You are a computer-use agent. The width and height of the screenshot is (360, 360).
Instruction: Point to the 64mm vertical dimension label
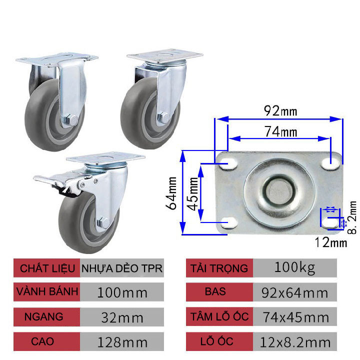(173, 192)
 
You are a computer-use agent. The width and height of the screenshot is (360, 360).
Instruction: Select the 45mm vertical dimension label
(192, 192)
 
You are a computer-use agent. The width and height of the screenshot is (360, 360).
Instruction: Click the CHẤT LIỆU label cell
(47, 268)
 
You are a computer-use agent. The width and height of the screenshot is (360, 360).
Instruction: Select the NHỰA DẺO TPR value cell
(122, 268)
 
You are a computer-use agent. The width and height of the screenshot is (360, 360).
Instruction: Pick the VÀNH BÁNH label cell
(46, 292)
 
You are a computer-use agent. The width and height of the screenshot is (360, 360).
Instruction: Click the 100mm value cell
(122, 292)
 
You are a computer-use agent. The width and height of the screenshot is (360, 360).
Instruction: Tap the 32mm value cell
(122, 317)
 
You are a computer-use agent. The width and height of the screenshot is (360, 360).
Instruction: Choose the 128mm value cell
(122, 342)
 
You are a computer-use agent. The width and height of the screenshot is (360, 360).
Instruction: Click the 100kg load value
(294, 268)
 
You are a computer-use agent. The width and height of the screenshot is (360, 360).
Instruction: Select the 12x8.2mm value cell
(294, 342)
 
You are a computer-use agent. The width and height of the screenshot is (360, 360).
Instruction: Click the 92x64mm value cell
(294, 292)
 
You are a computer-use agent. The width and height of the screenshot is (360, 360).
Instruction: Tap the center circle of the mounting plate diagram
(279, 190)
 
